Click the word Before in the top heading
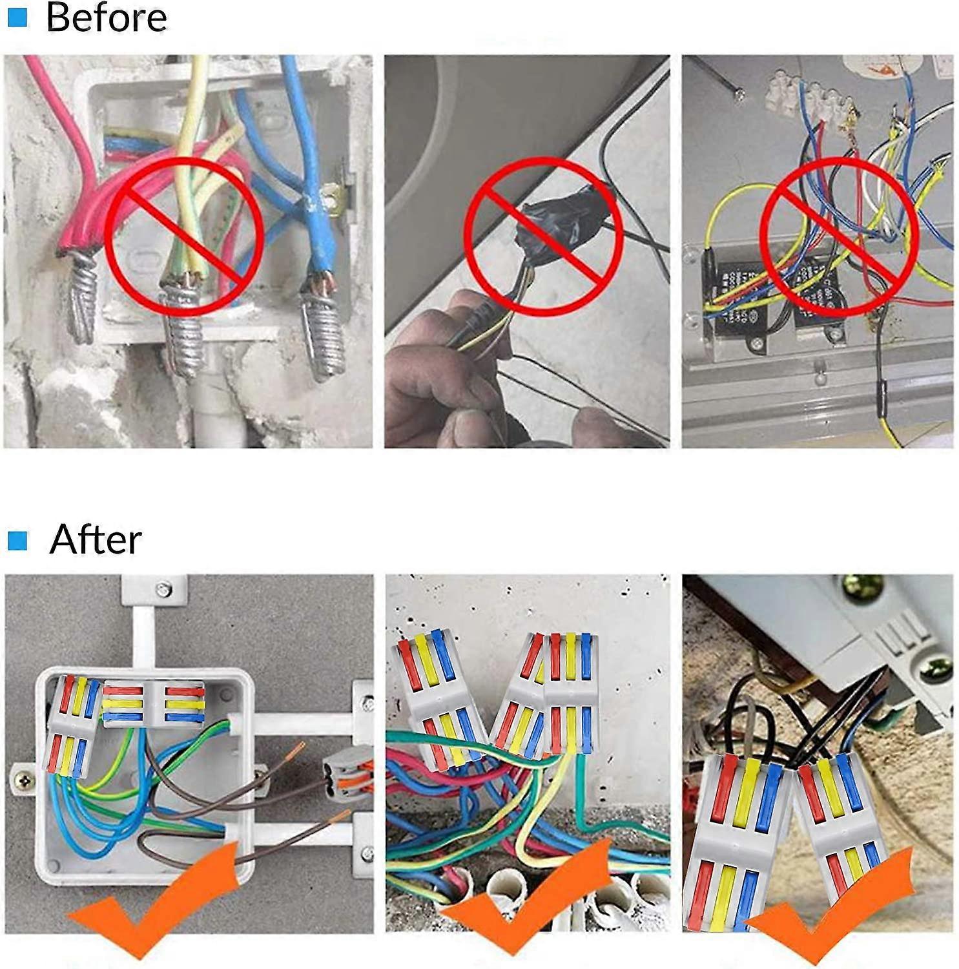(x=107, y=17)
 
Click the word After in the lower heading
(x=96, y=539)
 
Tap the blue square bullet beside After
(x=17, y=540)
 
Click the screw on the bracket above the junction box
(x=164, y=589)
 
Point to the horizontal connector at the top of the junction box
(x=154, y=703)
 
